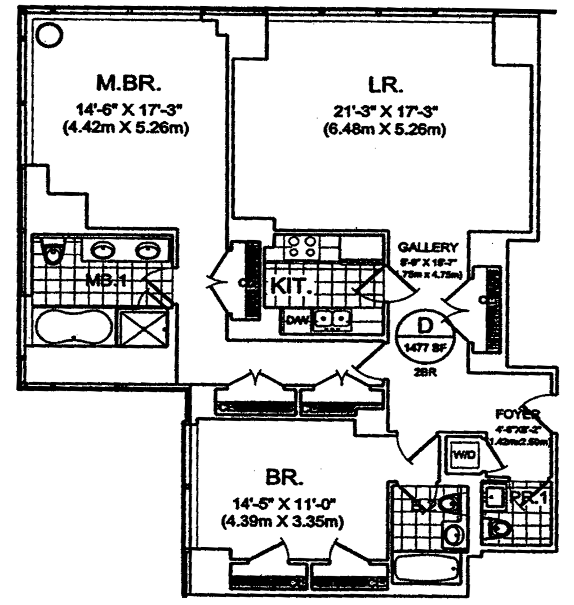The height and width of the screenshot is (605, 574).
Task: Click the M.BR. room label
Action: (129, 84)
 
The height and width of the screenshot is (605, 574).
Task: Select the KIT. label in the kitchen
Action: (292, 285)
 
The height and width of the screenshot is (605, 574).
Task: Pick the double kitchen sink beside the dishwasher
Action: (333, 320)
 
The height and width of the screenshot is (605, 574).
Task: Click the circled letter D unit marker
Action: (425, 325)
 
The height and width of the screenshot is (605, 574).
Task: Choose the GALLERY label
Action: (428, 248)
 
